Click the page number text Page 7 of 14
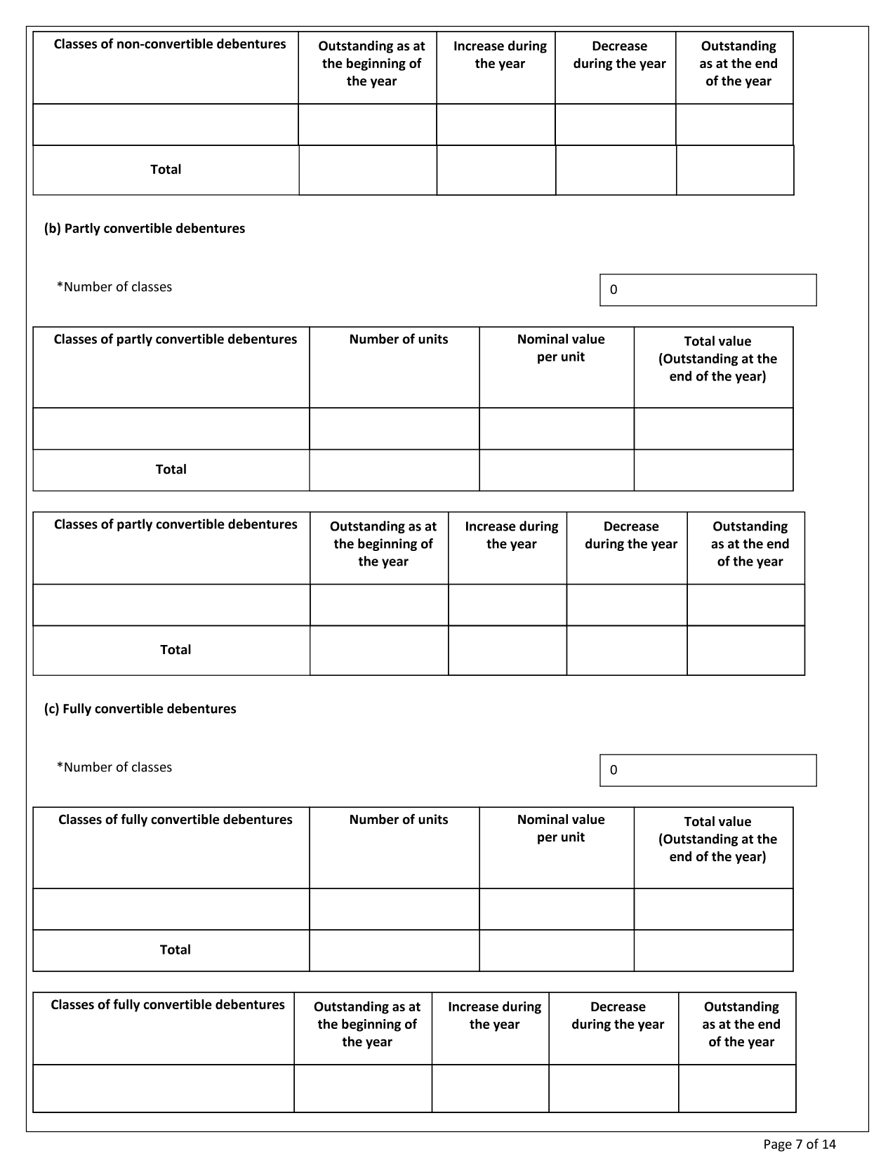click(799, 1144)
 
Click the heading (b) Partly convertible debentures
click(145, 228)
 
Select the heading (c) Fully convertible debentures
click(140, 708)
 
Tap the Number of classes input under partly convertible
click(708, 290)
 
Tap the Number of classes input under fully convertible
click(708, 770)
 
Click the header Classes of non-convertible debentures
click(170, 44)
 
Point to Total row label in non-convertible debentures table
click(166, 169)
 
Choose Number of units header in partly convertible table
click(398, 339)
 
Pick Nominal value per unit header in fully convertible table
click(560, 828)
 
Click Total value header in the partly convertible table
click(717, 359)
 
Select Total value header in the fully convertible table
click(717, 839)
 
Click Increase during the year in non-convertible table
click(500, 55)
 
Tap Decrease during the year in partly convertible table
click(630, 535)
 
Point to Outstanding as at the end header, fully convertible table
click(741, 1024)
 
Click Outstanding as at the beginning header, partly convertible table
click(383, 543)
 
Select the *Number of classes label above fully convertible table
click(114, 767)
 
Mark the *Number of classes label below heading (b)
click(114, 287)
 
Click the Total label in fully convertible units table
click(175, 950)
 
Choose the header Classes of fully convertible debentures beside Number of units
click(175, 820)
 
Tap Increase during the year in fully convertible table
click(494, 1015)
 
